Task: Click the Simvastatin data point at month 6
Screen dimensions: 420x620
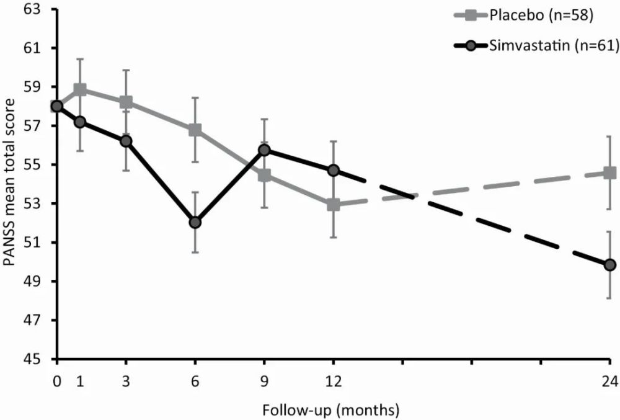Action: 195,222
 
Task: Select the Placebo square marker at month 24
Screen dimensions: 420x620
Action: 610,172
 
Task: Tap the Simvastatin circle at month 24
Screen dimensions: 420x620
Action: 610,265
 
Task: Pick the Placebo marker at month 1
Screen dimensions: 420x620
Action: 80,89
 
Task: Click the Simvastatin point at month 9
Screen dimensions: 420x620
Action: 265,150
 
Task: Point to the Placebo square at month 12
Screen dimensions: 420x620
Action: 334,204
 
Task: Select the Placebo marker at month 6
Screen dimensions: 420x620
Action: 195,130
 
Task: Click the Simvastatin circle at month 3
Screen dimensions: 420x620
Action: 126,141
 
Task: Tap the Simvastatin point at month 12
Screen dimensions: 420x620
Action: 334,170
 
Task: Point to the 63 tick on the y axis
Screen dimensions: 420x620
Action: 41,9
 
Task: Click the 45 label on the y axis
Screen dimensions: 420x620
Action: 41,359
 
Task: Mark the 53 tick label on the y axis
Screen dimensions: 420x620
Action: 41,203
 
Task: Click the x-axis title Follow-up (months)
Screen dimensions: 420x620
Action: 330,409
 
